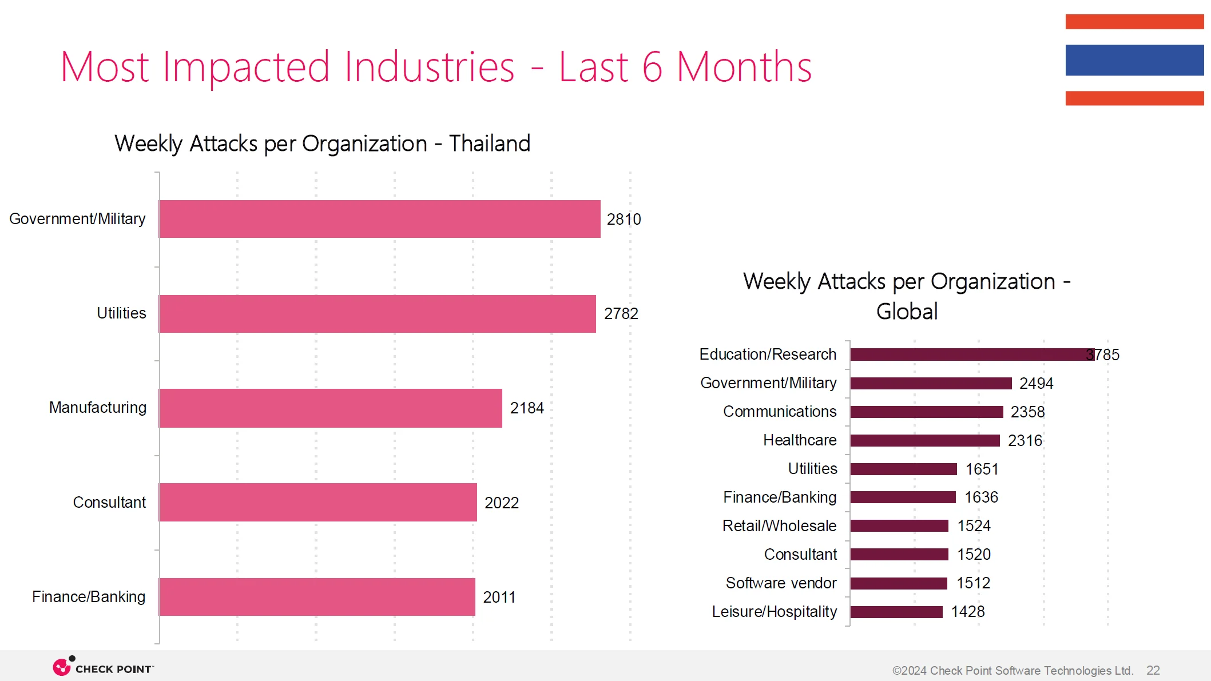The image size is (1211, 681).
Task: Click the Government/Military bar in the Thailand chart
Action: coord(379,219)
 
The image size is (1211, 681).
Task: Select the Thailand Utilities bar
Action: coord(377,313)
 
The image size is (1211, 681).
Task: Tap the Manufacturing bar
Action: coord(330,408)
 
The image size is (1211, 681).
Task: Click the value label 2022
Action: coord(501,503)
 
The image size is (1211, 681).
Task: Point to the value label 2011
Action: coord(499,597)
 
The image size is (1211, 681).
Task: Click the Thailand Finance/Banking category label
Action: coord(89,597)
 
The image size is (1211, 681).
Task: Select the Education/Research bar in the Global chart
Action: coord(971,355)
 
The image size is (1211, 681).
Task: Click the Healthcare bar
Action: coord(924,440)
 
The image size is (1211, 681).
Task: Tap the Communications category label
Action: coord(779,412)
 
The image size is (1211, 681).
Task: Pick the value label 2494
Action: coord(1036,383)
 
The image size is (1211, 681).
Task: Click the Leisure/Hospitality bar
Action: coord(896,612)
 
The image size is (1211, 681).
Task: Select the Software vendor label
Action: coord(781,583)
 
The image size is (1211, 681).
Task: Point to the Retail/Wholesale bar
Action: coord(899,526)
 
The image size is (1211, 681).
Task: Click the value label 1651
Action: coord(982,469)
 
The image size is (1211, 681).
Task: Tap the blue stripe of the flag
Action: coord(1134,60)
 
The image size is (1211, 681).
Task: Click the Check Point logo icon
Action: coord(62,666)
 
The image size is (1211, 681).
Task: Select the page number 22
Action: coord(1153,670)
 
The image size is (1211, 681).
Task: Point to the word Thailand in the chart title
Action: coord(490,144)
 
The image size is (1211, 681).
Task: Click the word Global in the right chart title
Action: coord(907,312)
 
